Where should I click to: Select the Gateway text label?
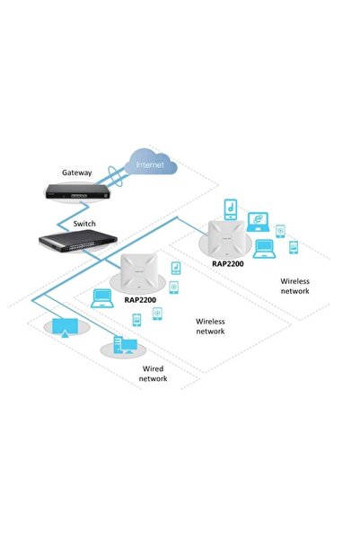[77, 172]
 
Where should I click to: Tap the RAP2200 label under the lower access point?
[141, 302]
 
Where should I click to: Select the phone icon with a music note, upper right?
[232, 207]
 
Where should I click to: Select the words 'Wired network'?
[153, 374]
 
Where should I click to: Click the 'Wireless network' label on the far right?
[294, 286]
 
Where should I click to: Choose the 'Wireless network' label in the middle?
[210, 326]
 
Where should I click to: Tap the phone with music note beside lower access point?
[175, 269]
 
